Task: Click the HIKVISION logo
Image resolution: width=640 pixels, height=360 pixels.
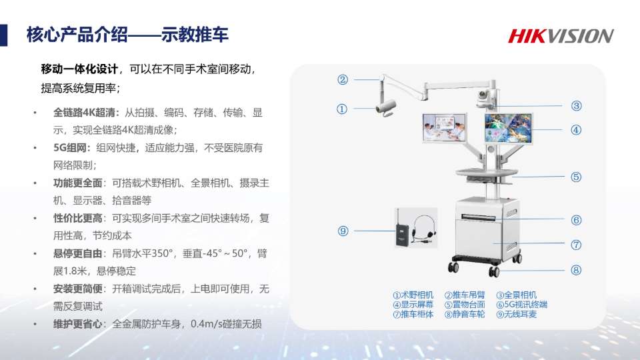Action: (x=561, y=36)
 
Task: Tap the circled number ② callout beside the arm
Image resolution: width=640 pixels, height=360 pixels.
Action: (x=343, y=79)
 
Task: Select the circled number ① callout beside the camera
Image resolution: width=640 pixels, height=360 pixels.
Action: (x=341, y=109)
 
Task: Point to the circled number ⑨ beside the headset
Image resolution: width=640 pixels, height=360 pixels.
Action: (x=343, y=231)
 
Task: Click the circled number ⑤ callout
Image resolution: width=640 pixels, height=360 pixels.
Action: (x=576, y=177)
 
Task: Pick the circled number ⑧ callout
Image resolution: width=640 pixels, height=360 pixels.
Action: (x=576, y=270)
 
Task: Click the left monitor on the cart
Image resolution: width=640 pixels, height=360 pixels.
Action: (x=444, y=128)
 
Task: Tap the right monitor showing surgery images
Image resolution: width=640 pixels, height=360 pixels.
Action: (x=508, y=128)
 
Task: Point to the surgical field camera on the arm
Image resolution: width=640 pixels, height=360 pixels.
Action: (x=386, y=107)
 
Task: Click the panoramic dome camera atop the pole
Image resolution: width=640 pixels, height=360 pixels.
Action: (x=485, y=98)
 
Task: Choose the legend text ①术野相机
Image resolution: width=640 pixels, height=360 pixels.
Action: (x=413, y=295)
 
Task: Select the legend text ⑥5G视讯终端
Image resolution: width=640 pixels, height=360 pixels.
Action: (x=521, y=305)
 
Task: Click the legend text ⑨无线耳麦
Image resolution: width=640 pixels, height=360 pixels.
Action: (x=516, y=314)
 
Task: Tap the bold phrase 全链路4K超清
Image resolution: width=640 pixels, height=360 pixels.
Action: (x=86, y=113)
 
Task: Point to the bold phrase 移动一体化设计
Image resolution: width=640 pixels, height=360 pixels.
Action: (x=79, y=69)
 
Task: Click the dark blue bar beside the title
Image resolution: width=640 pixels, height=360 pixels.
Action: (x=4, y=35)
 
